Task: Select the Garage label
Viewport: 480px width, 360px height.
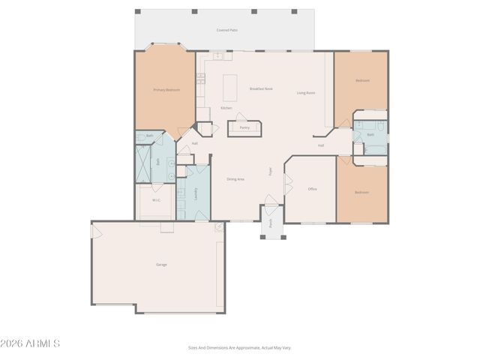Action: tap(161, 265)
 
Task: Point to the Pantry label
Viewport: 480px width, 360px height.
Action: tap(244, 127)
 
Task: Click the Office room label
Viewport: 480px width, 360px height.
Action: tap(312, 189)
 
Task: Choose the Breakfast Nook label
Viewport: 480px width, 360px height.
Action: tap(261, 88)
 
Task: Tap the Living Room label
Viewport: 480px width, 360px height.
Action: tap(305, 93)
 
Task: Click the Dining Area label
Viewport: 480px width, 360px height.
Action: tap(235, 178)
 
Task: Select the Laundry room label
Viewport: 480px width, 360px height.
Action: tap(196, 193)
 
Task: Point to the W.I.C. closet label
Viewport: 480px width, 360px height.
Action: tap(157, 200)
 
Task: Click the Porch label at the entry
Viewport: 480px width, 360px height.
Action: tap(271, 223)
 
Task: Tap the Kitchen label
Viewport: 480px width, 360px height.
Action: tap(226, 108)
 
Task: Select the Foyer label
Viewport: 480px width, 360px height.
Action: tap(271, 171)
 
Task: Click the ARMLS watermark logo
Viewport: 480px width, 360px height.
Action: tap(31, 343)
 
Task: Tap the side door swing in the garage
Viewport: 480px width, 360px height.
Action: tap(96, 232)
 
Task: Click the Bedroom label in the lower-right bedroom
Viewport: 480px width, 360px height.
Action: tap(361, 193)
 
